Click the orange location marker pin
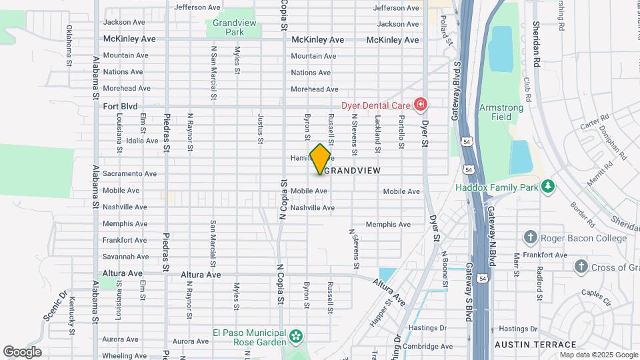point(321,159)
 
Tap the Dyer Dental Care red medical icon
point(420,105)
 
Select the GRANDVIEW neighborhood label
point(353,171)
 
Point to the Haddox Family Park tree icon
point(548,186)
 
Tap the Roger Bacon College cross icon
point(531,237)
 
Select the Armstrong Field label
point(495,112)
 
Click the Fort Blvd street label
point(120,106)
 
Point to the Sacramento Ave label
point(129,174)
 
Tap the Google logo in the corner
point(22,351)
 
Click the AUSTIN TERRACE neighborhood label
point(535,345)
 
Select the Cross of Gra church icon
point(581,267)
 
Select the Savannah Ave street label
point(125,257)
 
